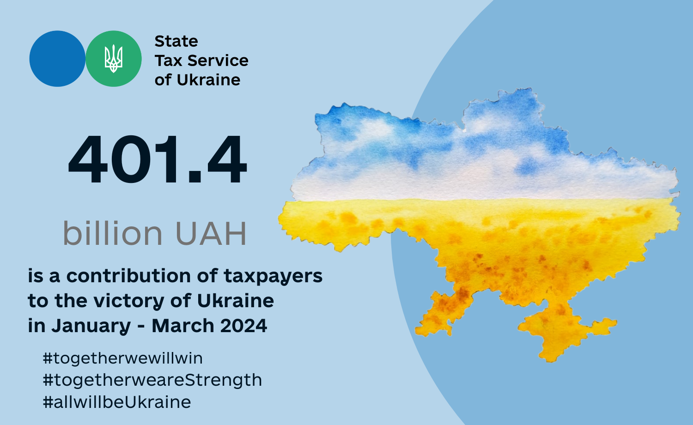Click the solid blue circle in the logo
click(x=57, y=59)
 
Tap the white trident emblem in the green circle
click(x=114, y=59)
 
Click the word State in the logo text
click(x=176, y=41)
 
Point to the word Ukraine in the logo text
click(x=208, y=80)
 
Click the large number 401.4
click(x=158, y=159)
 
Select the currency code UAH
click(x=211, y=234)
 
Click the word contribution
click(x=128, y=276)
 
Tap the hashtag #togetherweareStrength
click(x=152, y=381)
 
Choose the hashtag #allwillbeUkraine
click(x=116, y=402)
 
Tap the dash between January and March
click(x=141, y=327)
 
